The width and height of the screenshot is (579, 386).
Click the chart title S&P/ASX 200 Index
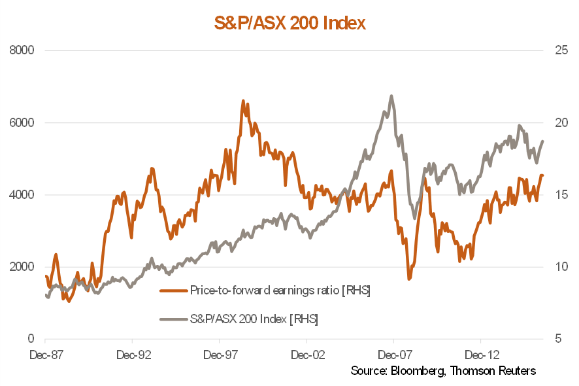pyautogui.click(x=289, y=24)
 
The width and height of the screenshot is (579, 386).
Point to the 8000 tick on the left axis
pyautogui.click(x=22, y=50)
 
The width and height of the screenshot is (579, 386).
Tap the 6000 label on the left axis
pyautogui.click(x=22, y=122)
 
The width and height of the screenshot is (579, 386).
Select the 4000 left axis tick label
pyautogui.click(x=22, y=195)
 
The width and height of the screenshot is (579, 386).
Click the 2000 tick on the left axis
pyautogui.click(x=22, y=267)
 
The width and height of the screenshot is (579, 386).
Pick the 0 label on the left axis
pyautogui.click(x=30, y=339)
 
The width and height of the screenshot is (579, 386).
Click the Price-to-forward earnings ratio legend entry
pyautogui.click(x=280, y=290)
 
